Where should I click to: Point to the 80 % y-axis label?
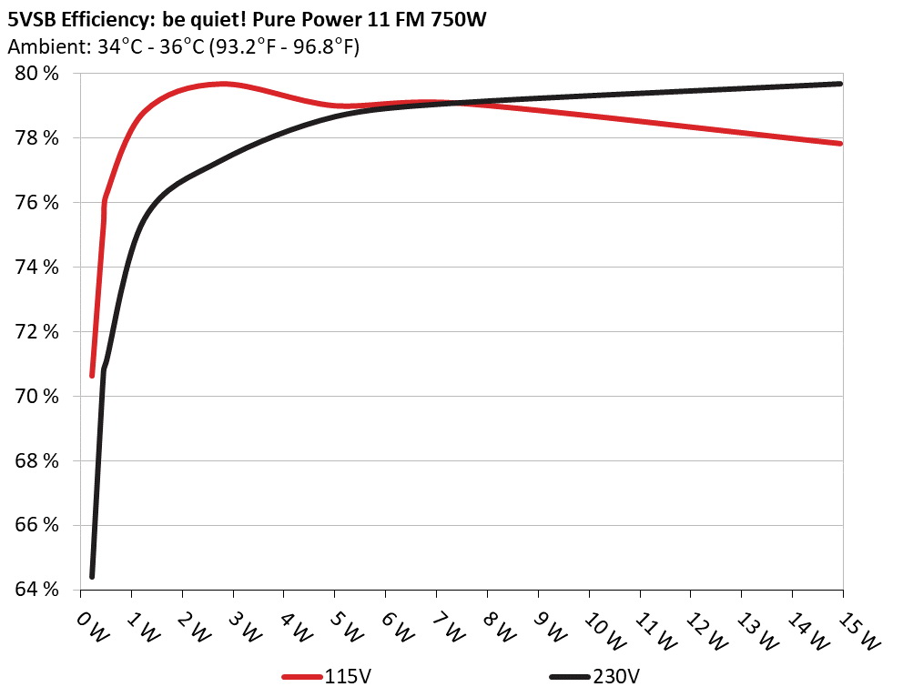36,74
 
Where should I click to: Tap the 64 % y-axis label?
36,590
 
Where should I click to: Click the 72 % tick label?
36,331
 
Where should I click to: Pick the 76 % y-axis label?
36,203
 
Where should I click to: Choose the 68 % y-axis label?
36,460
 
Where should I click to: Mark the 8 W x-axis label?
498,626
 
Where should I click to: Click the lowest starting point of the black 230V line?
92,576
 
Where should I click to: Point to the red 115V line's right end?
840,143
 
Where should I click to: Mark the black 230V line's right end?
840,84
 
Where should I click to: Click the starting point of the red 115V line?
92,375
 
